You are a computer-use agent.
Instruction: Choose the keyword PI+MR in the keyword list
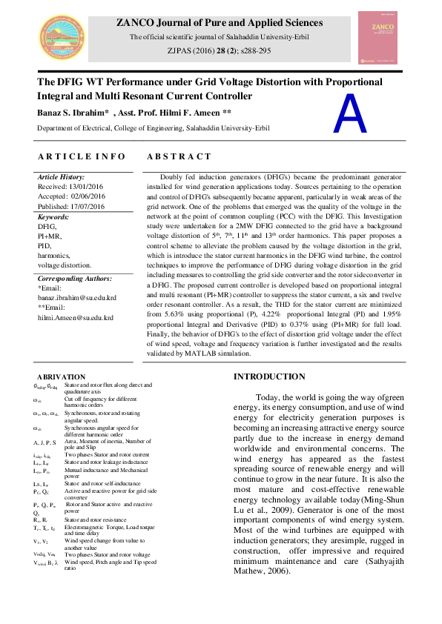[50, 236]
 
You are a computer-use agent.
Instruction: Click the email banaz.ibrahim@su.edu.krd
[76, 296]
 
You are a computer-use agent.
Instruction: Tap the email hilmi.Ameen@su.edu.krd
[75, 317]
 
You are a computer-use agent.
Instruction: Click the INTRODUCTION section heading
[269, 376]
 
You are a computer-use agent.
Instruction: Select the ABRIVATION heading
[61, 377]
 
